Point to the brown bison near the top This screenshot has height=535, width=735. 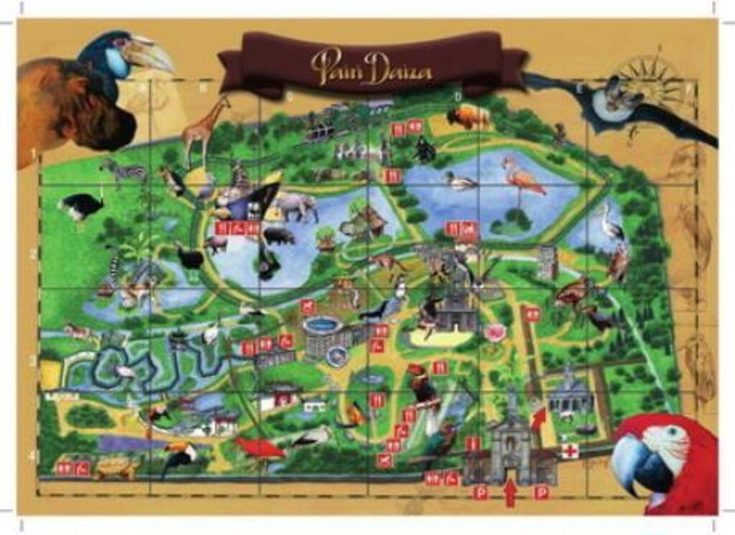(468, 117)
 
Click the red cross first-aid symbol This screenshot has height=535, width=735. (571, 451)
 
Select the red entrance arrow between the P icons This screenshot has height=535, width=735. (510, 493)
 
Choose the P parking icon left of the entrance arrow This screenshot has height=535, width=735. (481, 493)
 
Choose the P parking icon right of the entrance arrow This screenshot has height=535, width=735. (542, 493)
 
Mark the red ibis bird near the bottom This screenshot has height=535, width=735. (258, 448)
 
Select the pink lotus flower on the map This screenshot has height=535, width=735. (495, 332)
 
